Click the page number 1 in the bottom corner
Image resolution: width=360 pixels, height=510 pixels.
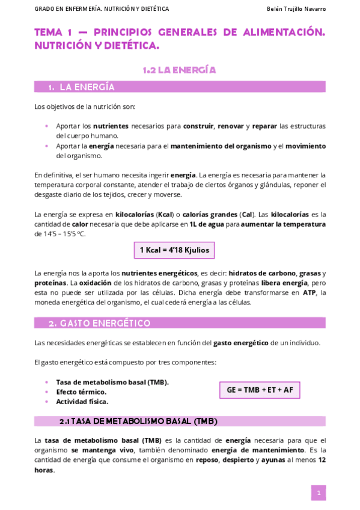pyautogui.click(x=319, y=493)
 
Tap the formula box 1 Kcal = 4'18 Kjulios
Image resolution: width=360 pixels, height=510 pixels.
pyautogui.click(x=174, y=250)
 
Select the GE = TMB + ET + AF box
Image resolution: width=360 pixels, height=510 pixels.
pyautogui.click(x=260, y=390)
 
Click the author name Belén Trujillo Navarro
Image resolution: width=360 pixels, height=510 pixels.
pyautogui.click(x=296, y=9)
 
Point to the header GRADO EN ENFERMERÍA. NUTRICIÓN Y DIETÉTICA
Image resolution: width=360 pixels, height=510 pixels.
pyautogui.click(x=102, y=9)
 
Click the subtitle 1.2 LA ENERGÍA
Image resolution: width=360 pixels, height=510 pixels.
pyautogui.click(x=180, y=70)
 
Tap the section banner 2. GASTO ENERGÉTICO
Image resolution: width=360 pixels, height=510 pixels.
pyautogui.click(x=99, y=323)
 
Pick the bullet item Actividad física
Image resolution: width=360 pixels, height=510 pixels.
pyautogui.click(x=82, y=401)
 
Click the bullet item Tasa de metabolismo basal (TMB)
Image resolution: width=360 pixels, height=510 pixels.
pyautogui.click(x=112, y=382)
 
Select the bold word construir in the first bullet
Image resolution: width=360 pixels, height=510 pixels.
pyautogui.click(x=198, y=126)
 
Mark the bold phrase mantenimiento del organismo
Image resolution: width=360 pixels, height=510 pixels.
pyautogui.click(x=221, y=146)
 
